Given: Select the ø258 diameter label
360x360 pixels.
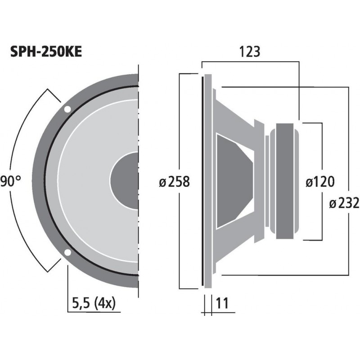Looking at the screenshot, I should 175,182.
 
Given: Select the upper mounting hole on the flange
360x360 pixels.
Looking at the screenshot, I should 67,109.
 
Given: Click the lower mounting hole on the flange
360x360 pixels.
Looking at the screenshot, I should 67,252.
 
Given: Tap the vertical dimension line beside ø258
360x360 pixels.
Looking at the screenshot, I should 180,135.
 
